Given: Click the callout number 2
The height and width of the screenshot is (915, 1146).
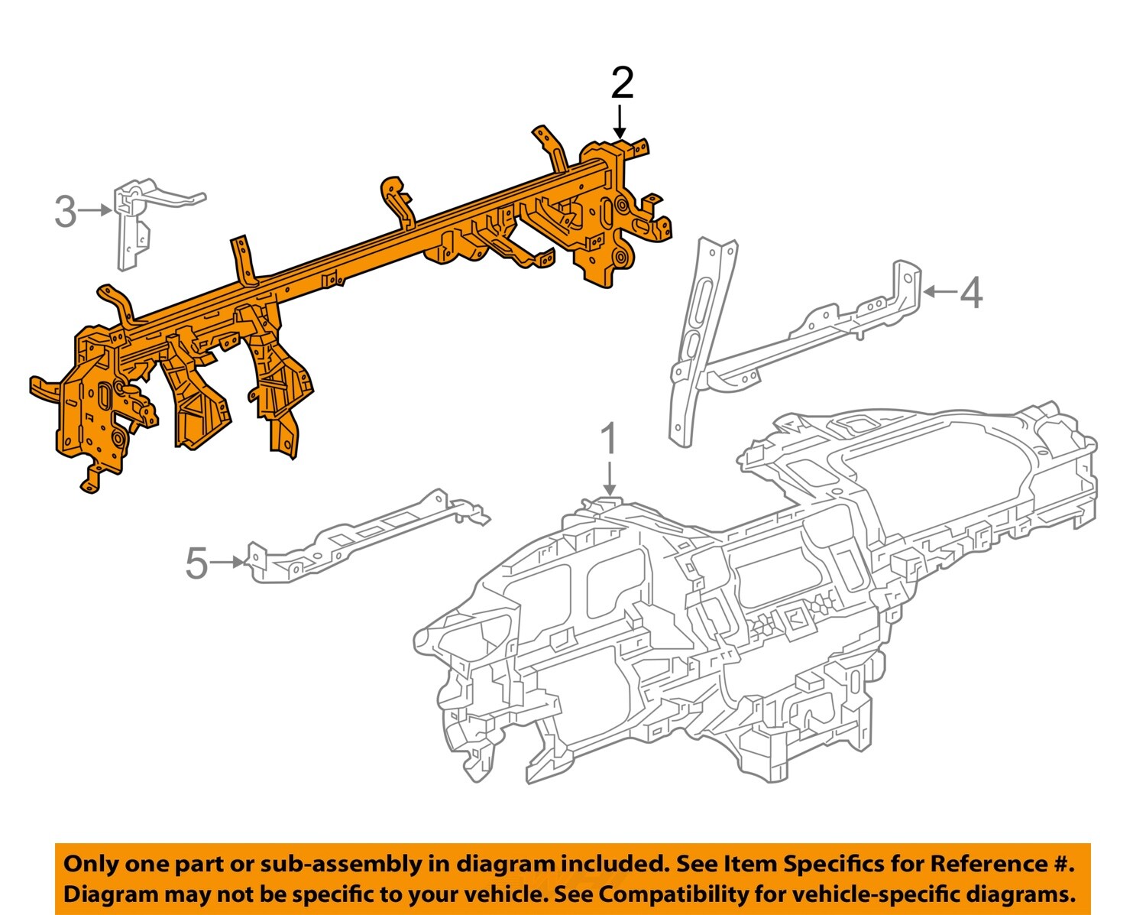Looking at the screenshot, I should [622, 83].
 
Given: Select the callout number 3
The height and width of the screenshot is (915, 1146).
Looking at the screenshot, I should [66, 212].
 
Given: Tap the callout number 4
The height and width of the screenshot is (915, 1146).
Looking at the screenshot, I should [970, 293].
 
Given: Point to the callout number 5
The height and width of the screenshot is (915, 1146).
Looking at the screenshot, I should [196, 564].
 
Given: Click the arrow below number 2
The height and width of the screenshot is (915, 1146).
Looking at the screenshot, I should [620, 122].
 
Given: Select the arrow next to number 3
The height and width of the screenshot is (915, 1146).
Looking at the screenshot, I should [96, 210].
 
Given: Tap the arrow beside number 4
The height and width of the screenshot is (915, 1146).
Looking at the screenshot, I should [939, 291].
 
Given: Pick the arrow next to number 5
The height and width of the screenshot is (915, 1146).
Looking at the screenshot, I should [227, 563].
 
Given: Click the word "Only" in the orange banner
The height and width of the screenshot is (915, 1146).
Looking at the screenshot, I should [90, 865].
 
